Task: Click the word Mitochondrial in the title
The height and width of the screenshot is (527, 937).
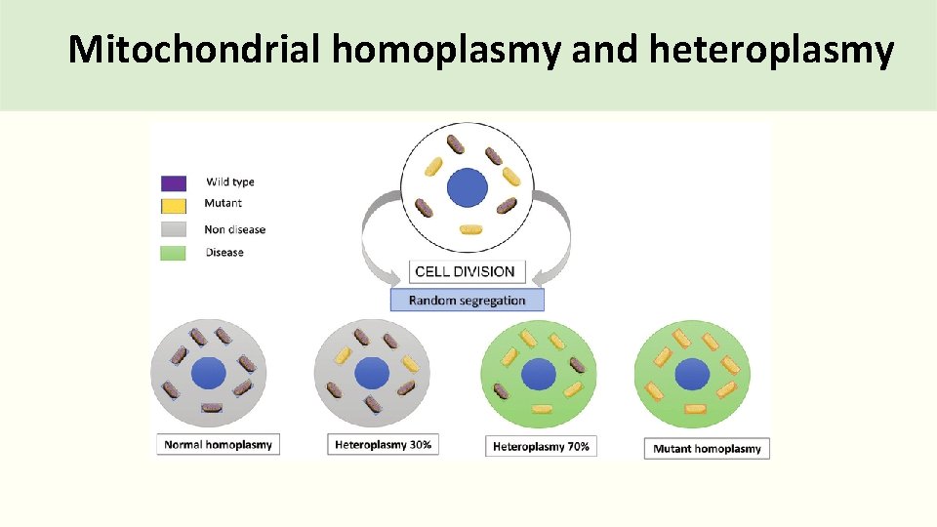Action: click(x=194, y=49)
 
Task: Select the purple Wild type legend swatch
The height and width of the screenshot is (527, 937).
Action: click(x=174, y=182)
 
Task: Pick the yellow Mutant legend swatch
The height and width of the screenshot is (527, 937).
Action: click(x=174, y=205)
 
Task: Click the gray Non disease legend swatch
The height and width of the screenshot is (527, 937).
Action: click(x=174, y=229)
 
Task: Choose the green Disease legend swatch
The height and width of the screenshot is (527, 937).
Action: click(x=174, y=252)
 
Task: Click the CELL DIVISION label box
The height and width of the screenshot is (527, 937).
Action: click(x=467, y=271)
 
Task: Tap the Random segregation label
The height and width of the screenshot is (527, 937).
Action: click(x=467, y=301)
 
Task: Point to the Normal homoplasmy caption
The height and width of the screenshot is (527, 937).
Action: click(x=219, y=444)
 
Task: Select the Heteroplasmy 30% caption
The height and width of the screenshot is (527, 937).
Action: click(x=383, y=444)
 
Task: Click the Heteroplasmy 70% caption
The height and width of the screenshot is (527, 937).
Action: click(x=541, y=446)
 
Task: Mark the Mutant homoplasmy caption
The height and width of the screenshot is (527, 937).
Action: click(x=707, y=448)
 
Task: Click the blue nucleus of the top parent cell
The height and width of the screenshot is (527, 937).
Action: click(x=467, y=187)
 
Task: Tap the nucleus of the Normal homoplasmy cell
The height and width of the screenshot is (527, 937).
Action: click(x=208, y=373)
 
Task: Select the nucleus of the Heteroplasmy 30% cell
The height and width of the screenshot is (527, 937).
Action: click(x=372, y=373)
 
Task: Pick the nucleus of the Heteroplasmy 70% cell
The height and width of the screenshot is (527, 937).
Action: click(x=538, y=374)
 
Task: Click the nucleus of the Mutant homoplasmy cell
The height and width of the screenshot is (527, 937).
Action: click(x=692, y=374)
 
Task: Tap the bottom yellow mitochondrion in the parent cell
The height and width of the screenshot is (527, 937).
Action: click(x=470, y=230)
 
